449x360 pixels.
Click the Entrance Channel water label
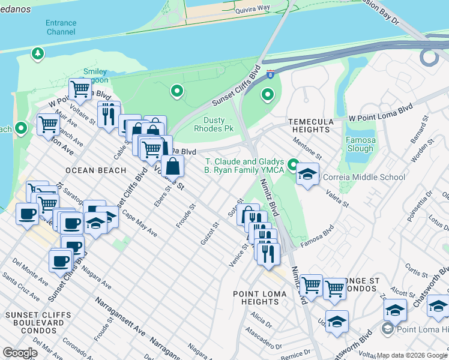point(61,27)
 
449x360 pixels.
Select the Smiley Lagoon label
point(95,76)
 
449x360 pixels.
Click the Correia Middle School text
point(364,177)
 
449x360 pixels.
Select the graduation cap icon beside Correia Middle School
point(307,174)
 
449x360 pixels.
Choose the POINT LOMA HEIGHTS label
point(264,298)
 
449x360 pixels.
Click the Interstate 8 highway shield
point(271,74)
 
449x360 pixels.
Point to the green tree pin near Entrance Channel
point(38,54)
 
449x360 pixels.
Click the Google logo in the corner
point(20,353)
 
